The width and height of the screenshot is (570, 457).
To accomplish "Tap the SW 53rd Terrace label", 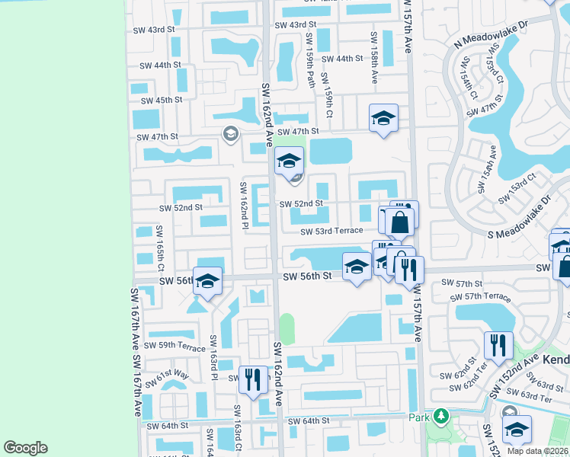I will pyautogui.click(x=331, y=232).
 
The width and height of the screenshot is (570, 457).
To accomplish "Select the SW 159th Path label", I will pyautogui.click(x=311, y=60).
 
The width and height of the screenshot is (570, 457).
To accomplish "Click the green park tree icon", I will pyautogui.click(x=440, y=417).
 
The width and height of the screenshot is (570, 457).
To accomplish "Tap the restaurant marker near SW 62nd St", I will pyautogui.click(x=498, y=344).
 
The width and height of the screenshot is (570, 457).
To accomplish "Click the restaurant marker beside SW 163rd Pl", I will pyautogui.click(x=255, y=379).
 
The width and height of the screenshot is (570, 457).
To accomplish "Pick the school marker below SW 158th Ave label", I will pyautogui.click(x=383, y=118).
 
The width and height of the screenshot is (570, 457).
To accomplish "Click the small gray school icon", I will pyautogui.click(x=229, y=135).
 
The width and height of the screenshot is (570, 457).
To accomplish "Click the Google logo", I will pyautogui.click(x=25, y=448).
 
